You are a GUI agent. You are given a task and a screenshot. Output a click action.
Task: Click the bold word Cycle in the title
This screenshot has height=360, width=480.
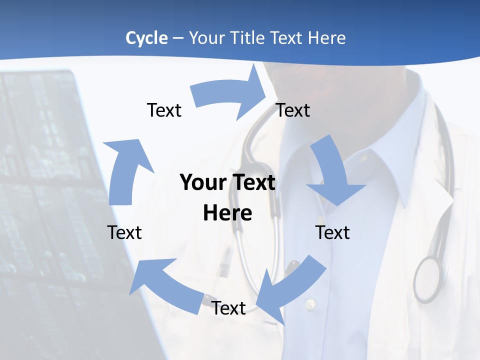(146, 38)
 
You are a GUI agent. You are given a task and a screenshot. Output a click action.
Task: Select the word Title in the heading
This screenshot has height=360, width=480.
(248, 38)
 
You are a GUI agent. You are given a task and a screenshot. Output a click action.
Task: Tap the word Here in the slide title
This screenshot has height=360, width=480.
(327, 38)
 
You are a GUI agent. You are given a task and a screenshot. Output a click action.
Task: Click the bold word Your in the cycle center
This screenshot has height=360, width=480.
(199, 182)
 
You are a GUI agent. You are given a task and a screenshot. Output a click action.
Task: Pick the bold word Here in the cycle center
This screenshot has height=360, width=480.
(227, 213)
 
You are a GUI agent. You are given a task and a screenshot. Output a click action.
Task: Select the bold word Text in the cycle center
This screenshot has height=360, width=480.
(249, 182)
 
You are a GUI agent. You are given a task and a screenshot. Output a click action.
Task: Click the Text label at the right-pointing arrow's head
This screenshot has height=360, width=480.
(293, 110)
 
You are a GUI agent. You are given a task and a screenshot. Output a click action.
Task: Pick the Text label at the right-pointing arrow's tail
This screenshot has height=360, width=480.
(164, 110)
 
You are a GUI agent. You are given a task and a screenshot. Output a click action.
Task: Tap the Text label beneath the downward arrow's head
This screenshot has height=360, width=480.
(332, 232)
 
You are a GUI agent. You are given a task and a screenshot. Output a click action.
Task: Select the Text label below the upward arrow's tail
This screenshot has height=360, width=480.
(124, 232)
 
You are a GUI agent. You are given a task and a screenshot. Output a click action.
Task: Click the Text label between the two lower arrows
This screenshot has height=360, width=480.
(228, 308)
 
